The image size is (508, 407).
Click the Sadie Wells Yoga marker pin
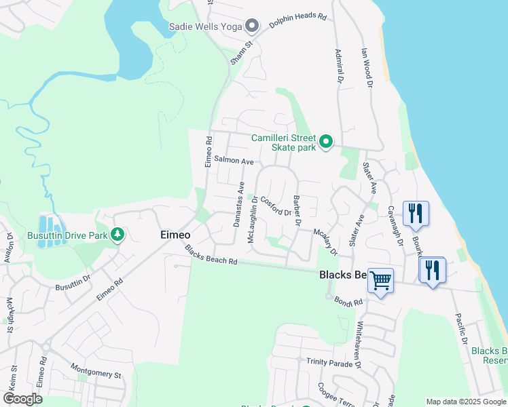[x=252, y=26]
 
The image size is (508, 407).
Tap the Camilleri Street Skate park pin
[x=326, y=142]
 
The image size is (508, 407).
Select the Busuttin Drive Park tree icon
[x=118, y=235]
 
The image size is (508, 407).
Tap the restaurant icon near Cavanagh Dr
[x=415, y=212]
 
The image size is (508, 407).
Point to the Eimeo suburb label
[x=175, y=235]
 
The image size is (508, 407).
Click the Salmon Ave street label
[x=234, y=161]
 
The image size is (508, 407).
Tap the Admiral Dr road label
[x=338, y=66]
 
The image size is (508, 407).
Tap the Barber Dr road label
[x=297, y=210]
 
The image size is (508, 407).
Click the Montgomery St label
[x=96, y=370]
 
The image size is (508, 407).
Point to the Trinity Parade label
[x=329, y=363]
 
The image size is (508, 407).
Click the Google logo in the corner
[x=22, y=399]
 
